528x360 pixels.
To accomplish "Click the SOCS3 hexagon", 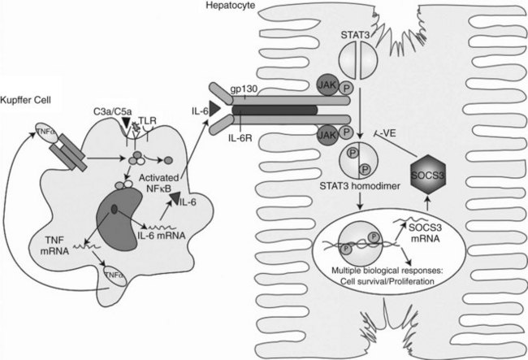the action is (428, 174).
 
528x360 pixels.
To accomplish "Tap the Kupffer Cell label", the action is (26, 100).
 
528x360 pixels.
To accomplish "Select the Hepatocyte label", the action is (231, 5).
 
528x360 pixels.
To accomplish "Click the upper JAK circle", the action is (327, 85).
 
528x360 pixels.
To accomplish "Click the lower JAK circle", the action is (327, 135).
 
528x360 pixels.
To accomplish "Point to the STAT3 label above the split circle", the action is (355, 35).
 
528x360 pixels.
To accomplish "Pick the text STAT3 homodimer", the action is (360, 185).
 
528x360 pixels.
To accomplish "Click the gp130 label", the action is (245, 89).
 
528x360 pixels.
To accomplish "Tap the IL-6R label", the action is (240, 138).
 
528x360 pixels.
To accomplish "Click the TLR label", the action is (147, 120).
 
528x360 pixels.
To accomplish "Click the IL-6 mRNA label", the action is (162, 236).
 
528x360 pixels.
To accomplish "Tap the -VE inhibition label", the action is (387, 133).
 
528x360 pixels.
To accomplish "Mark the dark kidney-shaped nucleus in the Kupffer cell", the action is (119, 219).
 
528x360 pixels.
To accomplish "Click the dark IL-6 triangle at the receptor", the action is (214, 109).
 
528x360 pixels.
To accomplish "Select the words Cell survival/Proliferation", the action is (387, 281).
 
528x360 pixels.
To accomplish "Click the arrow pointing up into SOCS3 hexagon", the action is (427, 202).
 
